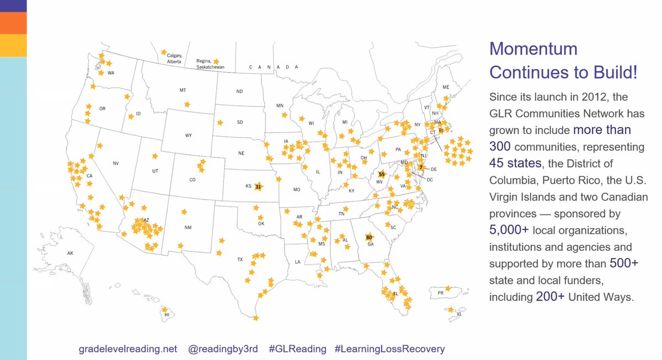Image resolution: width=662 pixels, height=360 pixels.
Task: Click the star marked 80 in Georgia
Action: click(x=369, y=238)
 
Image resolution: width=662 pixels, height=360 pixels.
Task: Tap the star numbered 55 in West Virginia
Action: click(x=381, y=174)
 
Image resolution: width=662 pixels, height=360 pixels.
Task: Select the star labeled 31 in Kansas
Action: click(x=258, y=187)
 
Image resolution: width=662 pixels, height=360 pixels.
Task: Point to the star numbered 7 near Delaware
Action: click(x=420, y=167)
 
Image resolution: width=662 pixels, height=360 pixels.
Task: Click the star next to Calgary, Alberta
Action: click(x=164, y=52)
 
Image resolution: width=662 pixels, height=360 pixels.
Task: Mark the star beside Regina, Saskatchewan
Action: click(x=216, y=62)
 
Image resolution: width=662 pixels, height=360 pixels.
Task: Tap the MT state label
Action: click(x=183, y=89)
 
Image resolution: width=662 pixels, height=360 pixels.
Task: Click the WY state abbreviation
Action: click(x=189, y=135)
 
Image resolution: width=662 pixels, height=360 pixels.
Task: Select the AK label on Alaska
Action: click(x=70, y=253)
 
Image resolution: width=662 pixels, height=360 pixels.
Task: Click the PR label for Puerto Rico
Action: click(x=440, y=293)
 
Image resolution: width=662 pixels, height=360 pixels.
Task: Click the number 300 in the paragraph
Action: click(x=500, y=147)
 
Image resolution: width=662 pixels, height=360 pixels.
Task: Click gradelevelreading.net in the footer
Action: click(x=128, y=349)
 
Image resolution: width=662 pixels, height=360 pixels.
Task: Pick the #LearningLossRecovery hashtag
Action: click(x=389, y=349)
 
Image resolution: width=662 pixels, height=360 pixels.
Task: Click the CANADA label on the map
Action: click(x=274, y=67)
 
